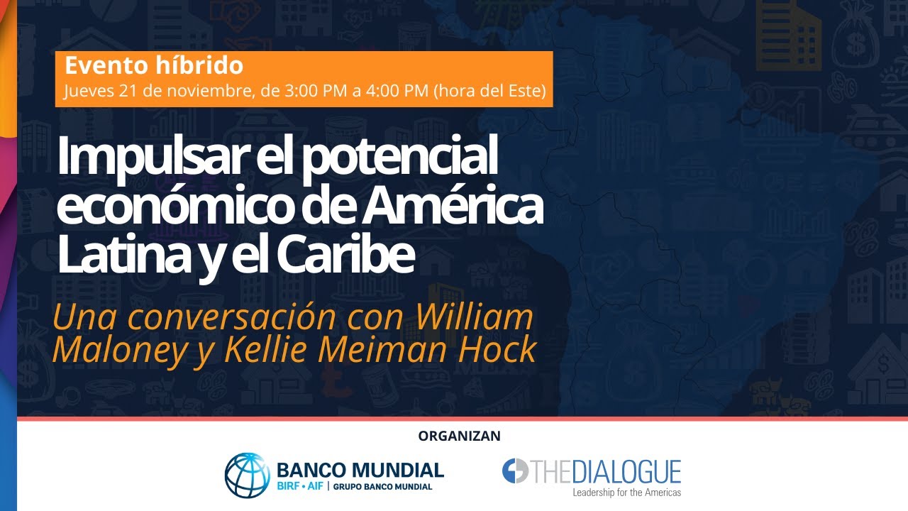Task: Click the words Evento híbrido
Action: pyautogui.click(x=154, y=66)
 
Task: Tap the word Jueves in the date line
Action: pyautogui.click(x=85, y=92)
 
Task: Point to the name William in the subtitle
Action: pyautogui.click(x=473, y=317)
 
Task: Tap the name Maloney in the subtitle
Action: pyautogui.click(x=111, y=350)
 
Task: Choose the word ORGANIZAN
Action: pyautogui.click(x=459, y=436)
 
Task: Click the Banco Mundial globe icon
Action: pyautogui.click(x=248, y=475)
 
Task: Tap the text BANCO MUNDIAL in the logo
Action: pyautogui.click(x=360, y=469)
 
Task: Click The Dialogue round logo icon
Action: pyautogui.click(x=515, y=471)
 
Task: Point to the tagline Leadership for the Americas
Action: pyautogui.click(x=626, y=492)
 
